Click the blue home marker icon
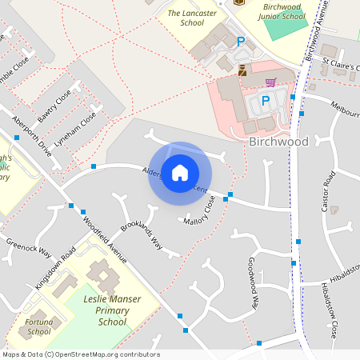point(180,173)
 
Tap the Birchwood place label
point(278,142)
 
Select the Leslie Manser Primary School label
point(106,310)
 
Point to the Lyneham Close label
point(82,126)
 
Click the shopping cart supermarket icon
point(270,82)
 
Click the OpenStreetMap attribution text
point(80,354)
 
